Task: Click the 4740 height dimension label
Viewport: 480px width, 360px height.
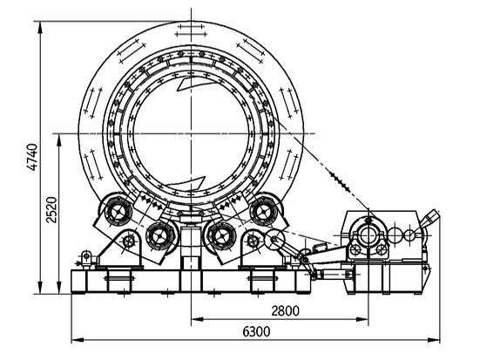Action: click(x=32, y=157)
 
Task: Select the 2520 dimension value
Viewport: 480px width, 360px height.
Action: click(x=51, y=210)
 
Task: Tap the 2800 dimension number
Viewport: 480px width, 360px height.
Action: click(x=286, y=310)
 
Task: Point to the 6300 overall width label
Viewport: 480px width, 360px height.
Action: click(x=256, y=331)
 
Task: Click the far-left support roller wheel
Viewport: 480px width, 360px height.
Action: click(x=118, y=212)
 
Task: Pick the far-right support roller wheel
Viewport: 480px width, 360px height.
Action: click(x=263, y=212)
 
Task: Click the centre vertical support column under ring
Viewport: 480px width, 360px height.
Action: click(x=191, y=245)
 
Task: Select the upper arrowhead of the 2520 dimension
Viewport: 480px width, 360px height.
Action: click(x=58, y=139)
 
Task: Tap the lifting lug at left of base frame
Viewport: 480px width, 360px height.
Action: click(x=86, y=258)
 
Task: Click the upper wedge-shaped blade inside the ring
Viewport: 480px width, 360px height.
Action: click(x=192, y=84)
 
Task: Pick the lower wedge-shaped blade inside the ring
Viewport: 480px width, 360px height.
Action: click(x=185, y=183)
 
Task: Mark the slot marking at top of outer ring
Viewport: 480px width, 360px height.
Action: click(x=191, y=31)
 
